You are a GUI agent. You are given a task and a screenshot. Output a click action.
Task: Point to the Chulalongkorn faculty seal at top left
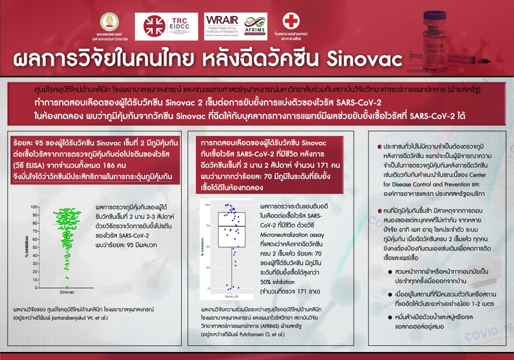pyautogui.click(x=108, y=22)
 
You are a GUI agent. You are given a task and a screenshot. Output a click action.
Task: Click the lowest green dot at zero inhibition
pyautogui.click(x=67, y=287)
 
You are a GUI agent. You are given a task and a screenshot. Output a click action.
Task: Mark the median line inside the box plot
pyautogui.click(x=231, y=226)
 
